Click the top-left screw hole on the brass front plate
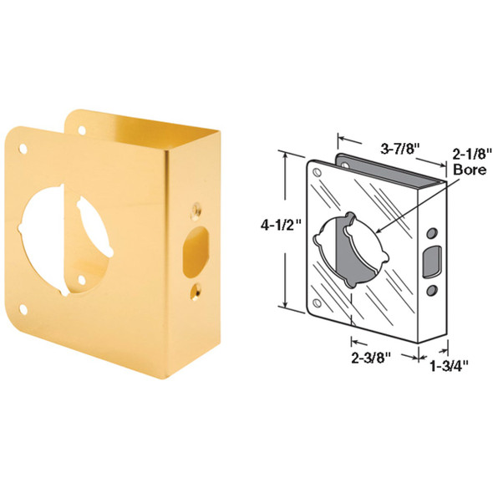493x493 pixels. click(23, 150)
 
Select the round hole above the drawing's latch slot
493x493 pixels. click(433, 231)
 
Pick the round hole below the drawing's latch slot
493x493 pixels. click(433, 289)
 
